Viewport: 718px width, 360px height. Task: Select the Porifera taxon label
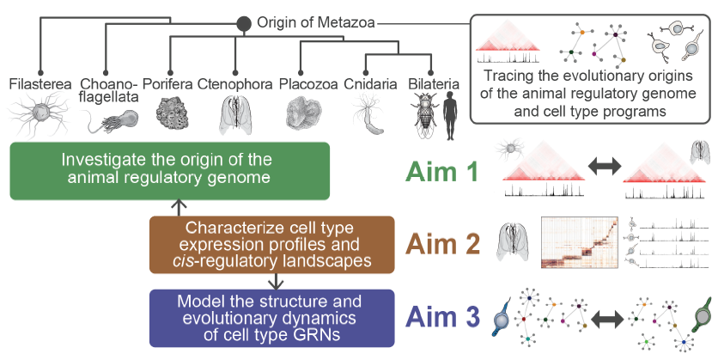[x=167, y=84]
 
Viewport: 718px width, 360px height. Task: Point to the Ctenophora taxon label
[x=234, y=84]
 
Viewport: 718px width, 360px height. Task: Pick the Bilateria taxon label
[x=437, y=84]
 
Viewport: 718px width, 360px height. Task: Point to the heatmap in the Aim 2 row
[x=581, y=243]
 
